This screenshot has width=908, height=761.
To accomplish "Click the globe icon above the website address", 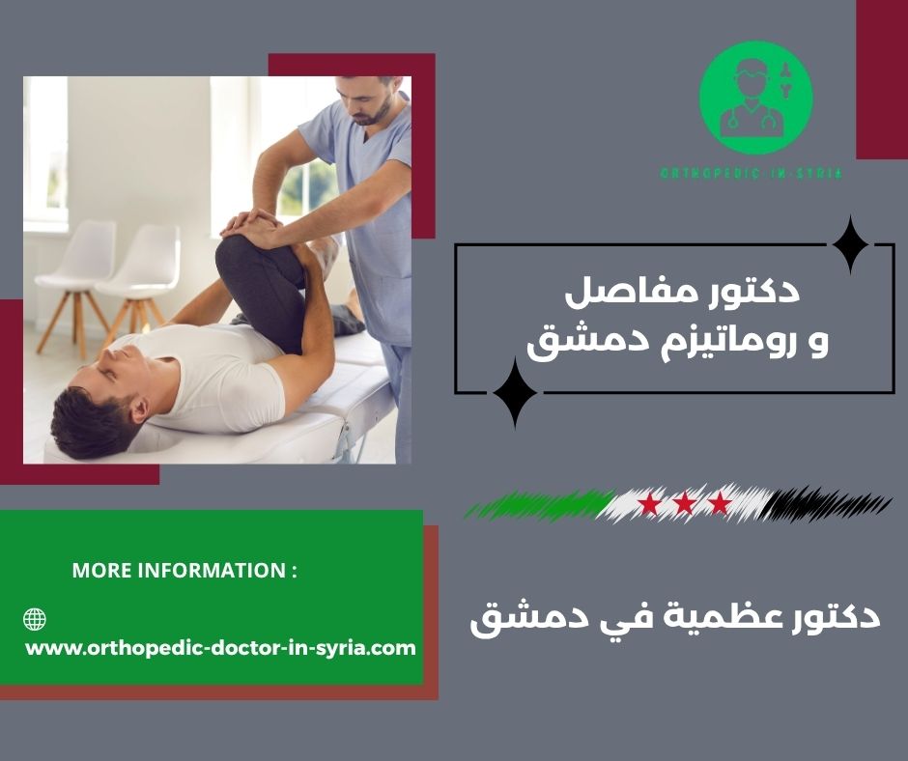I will click(x=35, y=619).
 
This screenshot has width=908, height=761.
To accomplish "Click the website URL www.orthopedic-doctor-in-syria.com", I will click(x=220, y=648).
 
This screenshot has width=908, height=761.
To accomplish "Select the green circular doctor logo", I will click(x=755, y=98).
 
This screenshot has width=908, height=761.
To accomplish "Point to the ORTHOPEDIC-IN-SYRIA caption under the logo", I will click(x=751, y=174).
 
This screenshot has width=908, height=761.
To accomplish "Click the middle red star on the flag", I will click(x=684, y=503).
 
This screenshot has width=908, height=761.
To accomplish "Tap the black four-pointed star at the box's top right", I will click(x=850, y=245).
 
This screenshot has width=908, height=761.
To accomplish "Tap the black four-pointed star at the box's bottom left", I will click(x=515, y=391).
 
